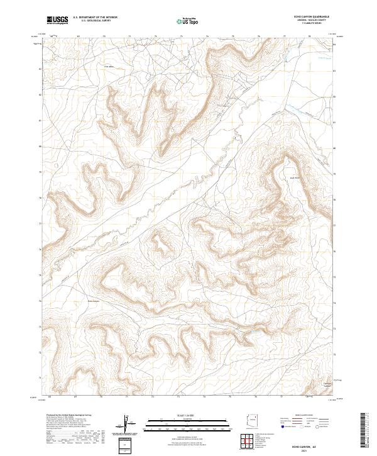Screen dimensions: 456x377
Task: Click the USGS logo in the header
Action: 57,21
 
